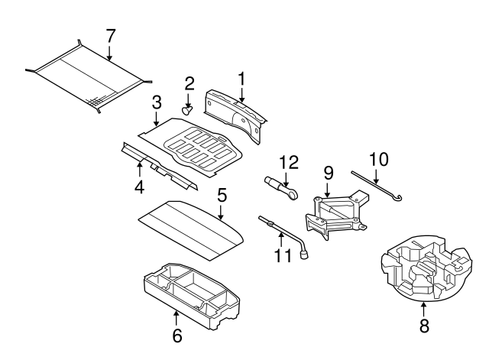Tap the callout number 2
(189, 83)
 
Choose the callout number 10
(378, 160)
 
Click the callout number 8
(424, 326)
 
